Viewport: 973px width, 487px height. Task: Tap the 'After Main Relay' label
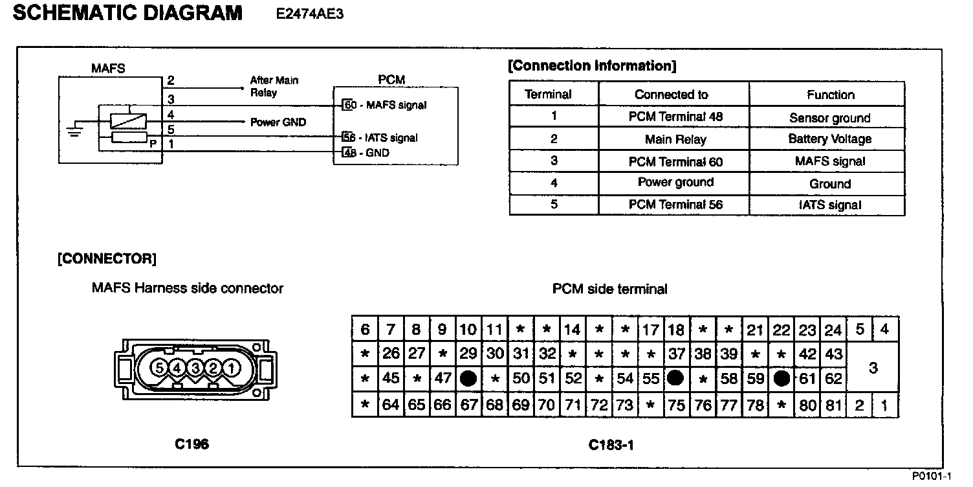coord(274,86)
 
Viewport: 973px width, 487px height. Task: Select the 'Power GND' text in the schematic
coord(278,122)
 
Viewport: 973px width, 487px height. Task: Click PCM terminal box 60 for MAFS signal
coord(349,105)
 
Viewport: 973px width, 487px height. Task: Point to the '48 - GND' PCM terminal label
coord(366,153)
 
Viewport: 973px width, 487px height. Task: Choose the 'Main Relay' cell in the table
coord(675,139)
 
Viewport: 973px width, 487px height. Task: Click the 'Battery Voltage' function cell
coord(829,139)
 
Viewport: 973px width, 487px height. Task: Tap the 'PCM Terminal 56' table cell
coord(675,205)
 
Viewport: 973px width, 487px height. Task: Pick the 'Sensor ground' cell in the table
coord(829,118)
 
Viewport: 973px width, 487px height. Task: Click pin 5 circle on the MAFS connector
coord(159,368)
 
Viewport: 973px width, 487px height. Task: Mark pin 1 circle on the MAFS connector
coord(231,368)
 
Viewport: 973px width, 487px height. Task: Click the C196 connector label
coord(191,444)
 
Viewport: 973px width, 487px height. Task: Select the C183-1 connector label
coord(610,444)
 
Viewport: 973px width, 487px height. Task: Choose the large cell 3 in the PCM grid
coord(873,368)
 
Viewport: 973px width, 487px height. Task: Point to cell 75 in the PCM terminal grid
coord(676,406)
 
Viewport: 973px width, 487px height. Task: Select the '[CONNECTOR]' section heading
coord(107,259)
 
